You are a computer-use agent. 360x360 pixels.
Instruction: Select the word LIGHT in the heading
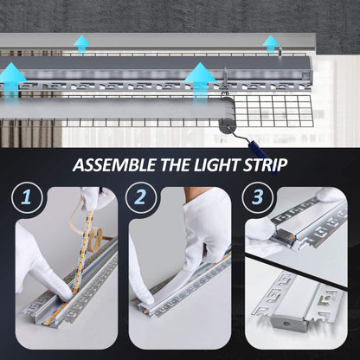tap(221, 164)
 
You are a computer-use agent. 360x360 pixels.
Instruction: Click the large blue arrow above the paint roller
tap(200, 76)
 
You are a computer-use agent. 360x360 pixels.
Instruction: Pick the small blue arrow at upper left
tap(81, 43)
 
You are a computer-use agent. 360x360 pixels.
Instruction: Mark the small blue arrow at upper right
tap(272, 42)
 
